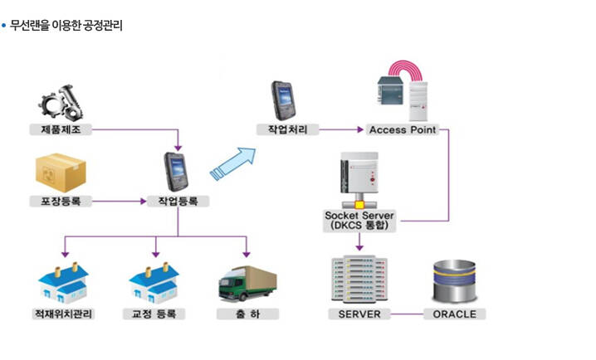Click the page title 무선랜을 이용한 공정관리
(x=66, y=26)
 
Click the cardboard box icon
(x=61, y=173)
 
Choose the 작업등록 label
(x=178, y=201)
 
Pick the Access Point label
(x=402, y=129)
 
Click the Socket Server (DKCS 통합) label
(x=359, y=221)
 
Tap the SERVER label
(x=359, y=314)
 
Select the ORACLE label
(x=454, y=314)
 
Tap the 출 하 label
(x=247, y=314)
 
